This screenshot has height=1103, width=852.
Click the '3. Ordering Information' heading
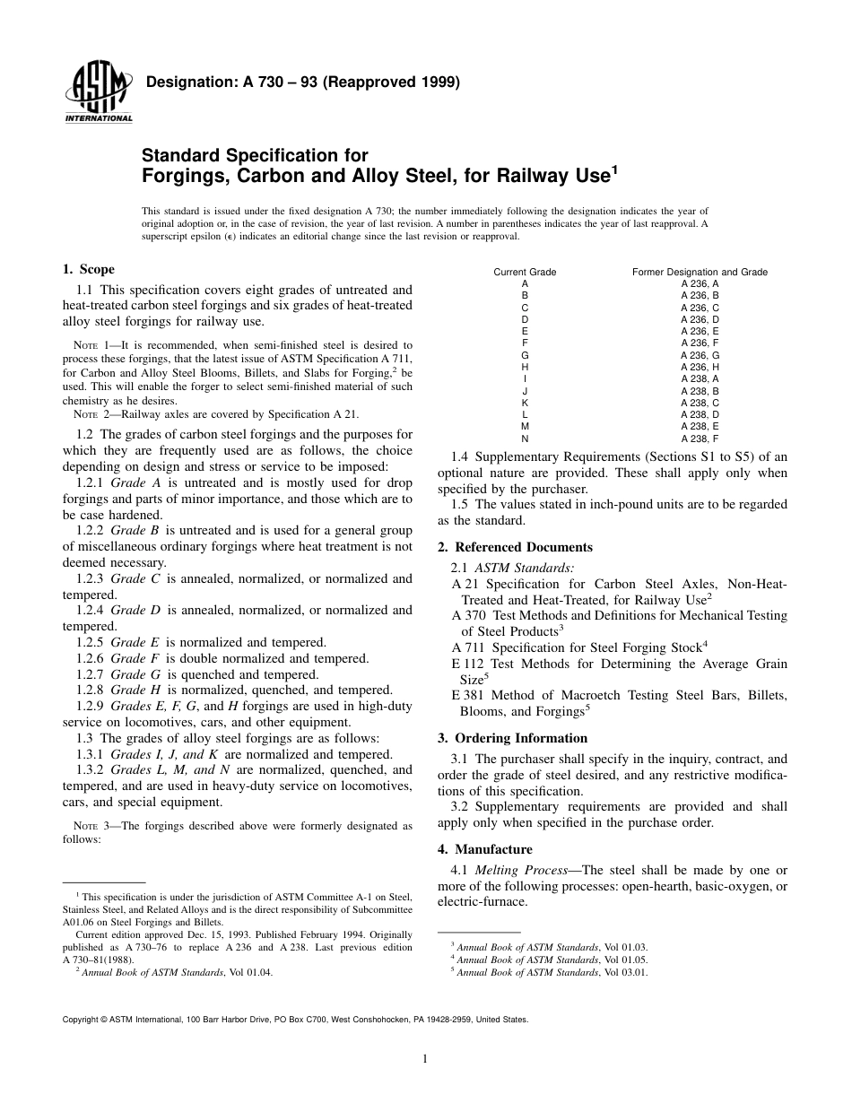click(x=512, y=738)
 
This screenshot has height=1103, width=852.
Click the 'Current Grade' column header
click(x=525, y=272)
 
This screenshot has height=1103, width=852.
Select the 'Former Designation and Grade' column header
click(x=700, y=272)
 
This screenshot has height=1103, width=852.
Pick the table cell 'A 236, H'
click(x=700, y=367)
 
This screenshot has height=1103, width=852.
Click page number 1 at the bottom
click(x=425, y=1059)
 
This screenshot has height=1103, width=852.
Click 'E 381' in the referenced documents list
click(x=466, y=695)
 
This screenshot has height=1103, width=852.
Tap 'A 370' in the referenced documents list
click(x=466, y=615)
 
